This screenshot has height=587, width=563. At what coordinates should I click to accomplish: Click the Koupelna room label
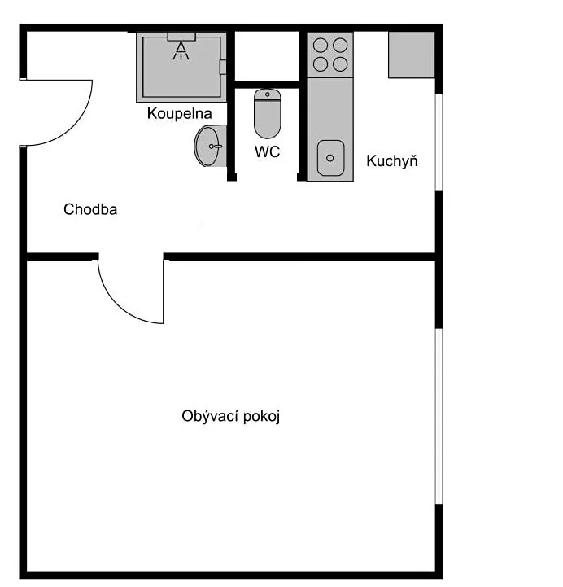[179, 113]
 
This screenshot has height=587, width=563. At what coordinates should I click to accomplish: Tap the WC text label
[267, 151]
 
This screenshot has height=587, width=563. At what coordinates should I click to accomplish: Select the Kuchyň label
[391, 160]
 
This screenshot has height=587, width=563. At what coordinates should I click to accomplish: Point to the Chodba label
[90, 209]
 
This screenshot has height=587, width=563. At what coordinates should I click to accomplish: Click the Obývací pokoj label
[231, 416]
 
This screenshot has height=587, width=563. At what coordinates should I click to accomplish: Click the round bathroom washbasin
[210, 146]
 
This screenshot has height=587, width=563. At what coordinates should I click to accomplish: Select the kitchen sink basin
[330, 158]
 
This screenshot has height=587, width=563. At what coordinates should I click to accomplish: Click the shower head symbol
[181, 51]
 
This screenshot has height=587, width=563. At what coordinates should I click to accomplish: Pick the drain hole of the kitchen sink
[330, 158]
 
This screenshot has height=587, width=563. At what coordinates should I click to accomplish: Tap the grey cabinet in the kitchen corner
[412, 55]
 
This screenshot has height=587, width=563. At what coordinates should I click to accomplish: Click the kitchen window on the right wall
[439, 142]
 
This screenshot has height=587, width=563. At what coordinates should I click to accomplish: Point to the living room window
[439, 416]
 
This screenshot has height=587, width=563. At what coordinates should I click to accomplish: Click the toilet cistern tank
[267, 94]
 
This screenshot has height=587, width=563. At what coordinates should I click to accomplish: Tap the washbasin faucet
[216, 147]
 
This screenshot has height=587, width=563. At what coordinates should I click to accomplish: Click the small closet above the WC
[267, 56]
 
